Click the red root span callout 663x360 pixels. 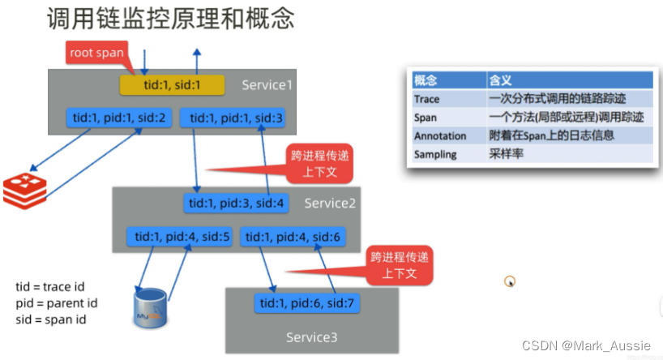click(96, 54)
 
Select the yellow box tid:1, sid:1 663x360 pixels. click(171, 84)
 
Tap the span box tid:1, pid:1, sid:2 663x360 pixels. click(118, 118)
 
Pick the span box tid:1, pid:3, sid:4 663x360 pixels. click(235, 203)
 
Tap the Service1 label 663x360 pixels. click(267, 85)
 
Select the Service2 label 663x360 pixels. click(330, 203)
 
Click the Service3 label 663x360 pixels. click(312, 336)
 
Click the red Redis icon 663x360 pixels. click(24, 188)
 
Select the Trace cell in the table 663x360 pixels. click(427, 98)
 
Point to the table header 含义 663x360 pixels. click(500, 80)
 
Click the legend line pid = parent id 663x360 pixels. click(57, 302)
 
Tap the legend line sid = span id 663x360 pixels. click(51, 319)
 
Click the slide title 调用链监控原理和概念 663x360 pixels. click(170, 19)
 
